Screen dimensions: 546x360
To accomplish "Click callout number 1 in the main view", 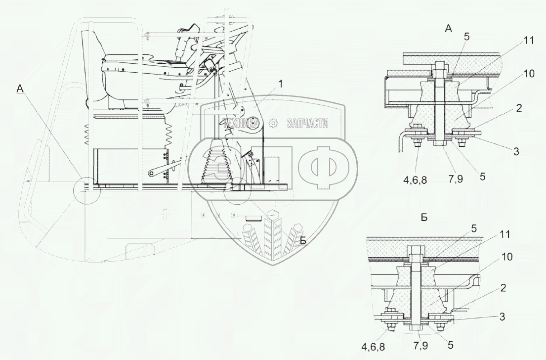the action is tap(281, 84).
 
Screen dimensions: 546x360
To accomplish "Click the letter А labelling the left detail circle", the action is tap(20, 89).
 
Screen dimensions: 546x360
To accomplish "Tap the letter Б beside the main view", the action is tap(303, 240).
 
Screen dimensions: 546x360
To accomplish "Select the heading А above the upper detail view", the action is tap(449, 29).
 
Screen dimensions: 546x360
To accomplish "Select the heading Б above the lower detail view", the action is tap(424, 218).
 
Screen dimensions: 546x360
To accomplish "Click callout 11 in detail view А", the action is tap(529, 41).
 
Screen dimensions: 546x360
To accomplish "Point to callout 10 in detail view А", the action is tap(529, 74).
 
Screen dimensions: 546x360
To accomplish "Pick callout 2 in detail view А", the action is tap(519, 108).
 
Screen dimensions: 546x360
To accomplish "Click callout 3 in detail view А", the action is tap(516, 151).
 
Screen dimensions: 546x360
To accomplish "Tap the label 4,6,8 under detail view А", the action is tap(415, 180).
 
